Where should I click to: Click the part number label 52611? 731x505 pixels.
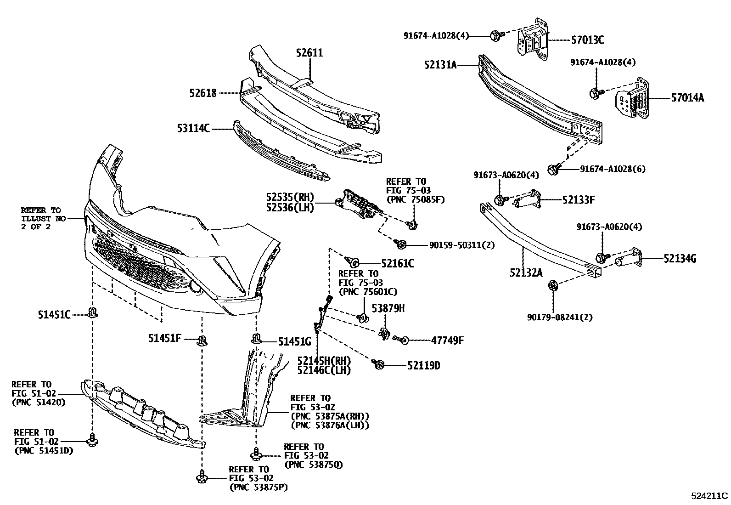click(309, 53)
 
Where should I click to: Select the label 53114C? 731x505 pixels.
click(193, 128)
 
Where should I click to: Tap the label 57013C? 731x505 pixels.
click(587, 40)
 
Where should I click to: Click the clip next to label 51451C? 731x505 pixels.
click(93, 313)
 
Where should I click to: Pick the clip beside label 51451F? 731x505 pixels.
click(202, 340)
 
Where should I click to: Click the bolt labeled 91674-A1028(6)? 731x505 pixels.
click(553, 170)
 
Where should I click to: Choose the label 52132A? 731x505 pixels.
click(525, 273)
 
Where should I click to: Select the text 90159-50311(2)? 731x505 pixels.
click(462, 245)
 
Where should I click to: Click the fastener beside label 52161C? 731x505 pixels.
click(354, 262)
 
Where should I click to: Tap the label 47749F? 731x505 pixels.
click(447, 340)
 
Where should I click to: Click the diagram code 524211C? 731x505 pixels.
click(709, 496)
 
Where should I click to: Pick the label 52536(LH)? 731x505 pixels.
click(289, 208)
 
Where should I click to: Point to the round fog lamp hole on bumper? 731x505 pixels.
click(196, 288)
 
